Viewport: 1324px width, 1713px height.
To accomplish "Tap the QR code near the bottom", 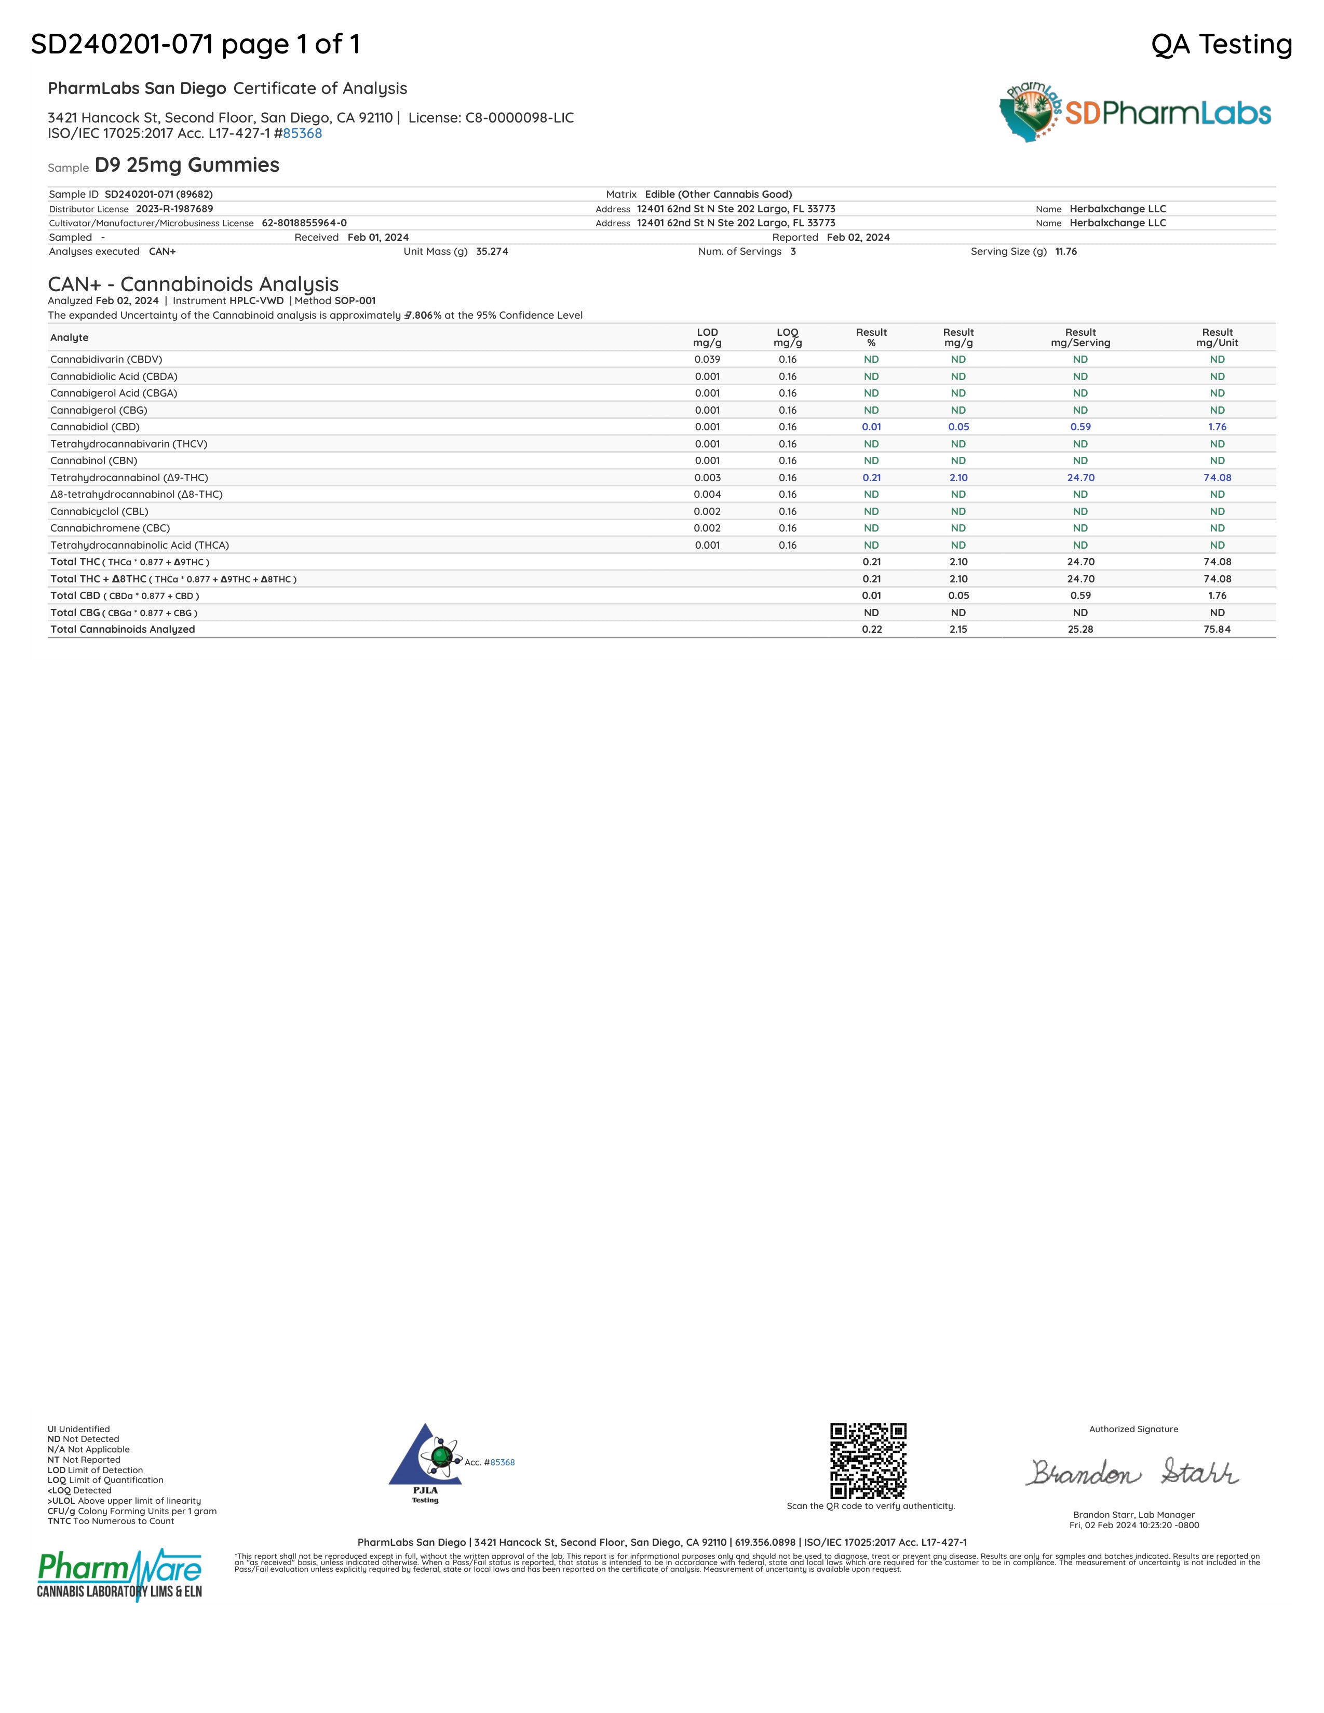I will tap(868, 1460).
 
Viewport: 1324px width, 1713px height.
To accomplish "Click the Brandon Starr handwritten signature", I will tap(1132, 1472).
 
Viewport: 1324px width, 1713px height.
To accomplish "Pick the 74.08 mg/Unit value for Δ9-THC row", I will tap(1217, 478).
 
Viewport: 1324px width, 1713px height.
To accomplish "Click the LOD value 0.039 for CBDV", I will tap(707, 359).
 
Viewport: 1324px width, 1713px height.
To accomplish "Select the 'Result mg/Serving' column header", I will tap(1080, 337).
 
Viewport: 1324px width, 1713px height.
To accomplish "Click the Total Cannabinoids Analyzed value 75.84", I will tap(1217, 629).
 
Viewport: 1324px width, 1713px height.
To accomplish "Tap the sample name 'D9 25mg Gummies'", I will tap(187, 166).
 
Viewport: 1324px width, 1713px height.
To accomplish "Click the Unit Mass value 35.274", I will tap(492, 252).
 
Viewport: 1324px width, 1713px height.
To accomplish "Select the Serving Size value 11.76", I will tap(1066, 252).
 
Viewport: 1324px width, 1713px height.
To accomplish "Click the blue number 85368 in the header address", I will tap(302, 133).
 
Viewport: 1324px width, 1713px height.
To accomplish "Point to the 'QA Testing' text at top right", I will tap(1221, 45).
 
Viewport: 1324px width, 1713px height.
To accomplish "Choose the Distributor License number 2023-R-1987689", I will tap(174, 209).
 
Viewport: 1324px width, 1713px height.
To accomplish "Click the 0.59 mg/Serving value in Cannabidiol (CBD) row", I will tap(1080, 427).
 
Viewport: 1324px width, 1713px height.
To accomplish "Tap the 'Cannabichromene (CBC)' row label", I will tap(110, 528).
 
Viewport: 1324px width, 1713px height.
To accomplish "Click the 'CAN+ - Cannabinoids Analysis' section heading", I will tap(193, 284).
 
